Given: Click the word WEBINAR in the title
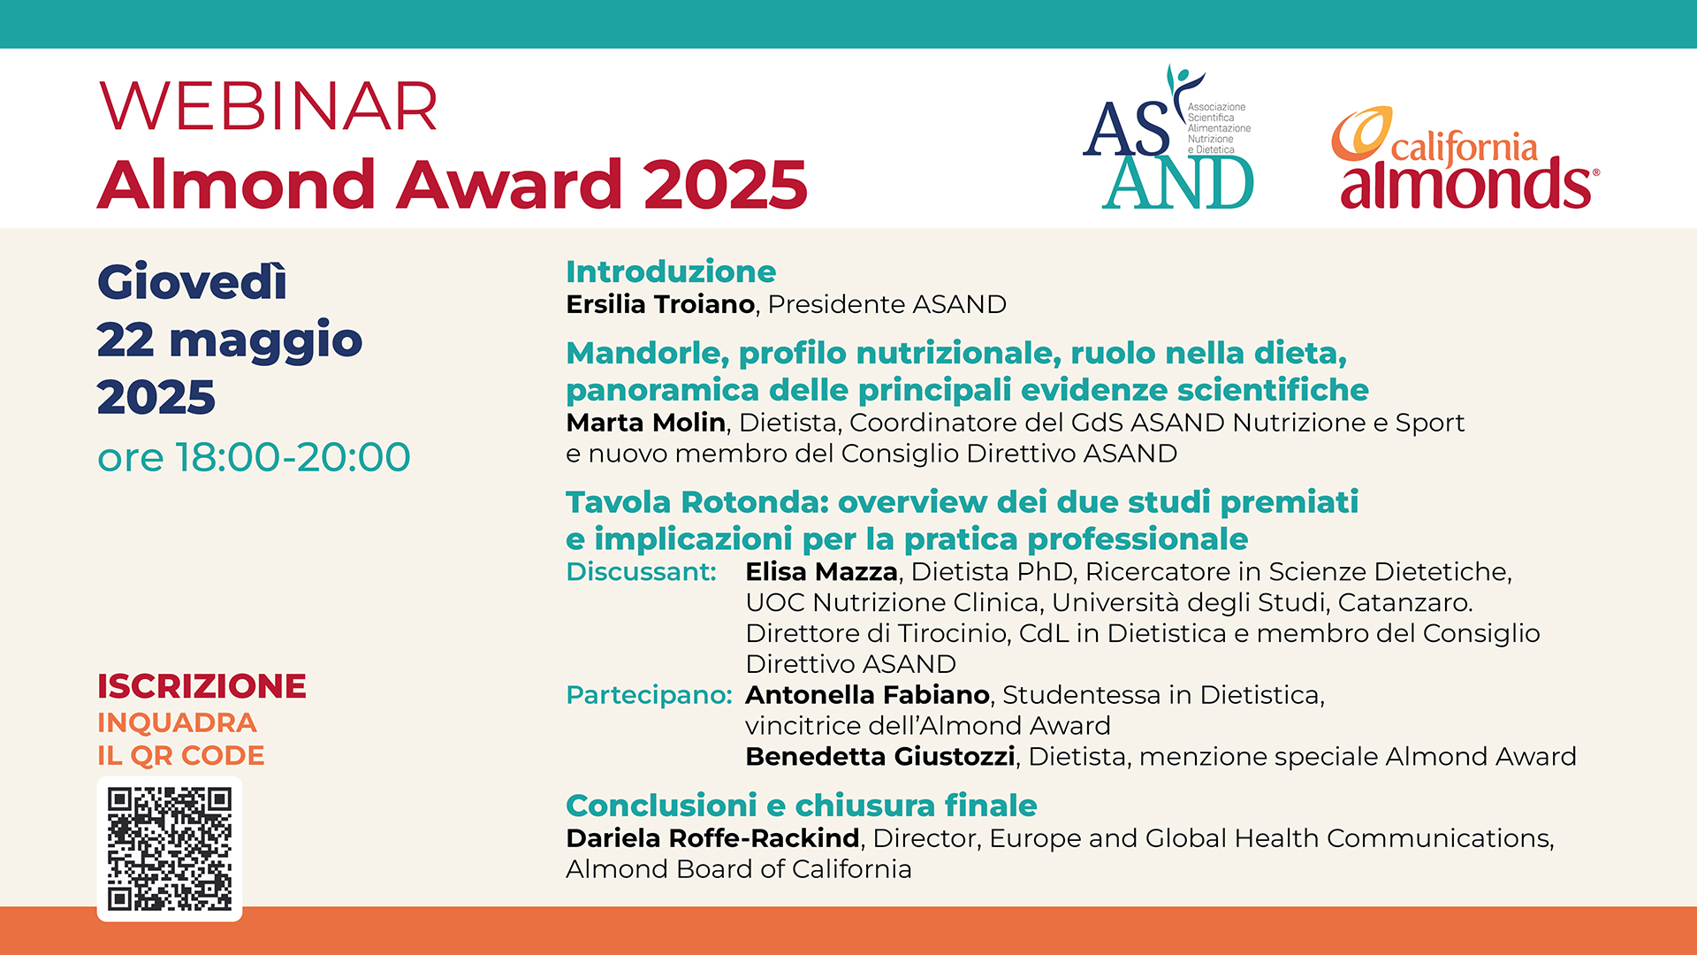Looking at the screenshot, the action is pyautogui.click(x=269, y=107).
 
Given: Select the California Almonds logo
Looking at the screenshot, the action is pyautogui.click(x=1465, y=159).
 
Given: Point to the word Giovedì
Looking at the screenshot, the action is pyautogui.click(x=192, y=282).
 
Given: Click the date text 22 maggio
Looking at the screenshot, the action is pyautogui.click(x=230, y=341).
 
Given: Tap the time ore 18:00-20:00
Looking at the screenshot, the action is pyautogui.click(x=254, y=457).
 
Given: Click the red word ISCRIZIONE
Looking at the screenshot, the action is pyautogui.click(x=202, y=686).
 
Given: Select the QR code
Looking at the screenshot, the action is pyautogui.click(x=170, y=849).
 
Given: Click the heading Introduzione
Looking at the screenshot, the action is pyautogui.click(x=671, y=271).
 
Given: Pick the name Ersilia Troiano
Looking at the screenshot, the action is pyautogui.click(x=660, y=304).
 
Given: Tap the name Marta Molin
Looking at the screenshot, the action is pyautogui.click(x=646, y=423).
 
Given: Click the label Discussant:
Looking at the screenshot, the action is pyautogui.click(x=641, y=572).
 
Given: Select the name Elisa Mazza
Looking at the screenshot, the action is pyautogui.click(x=822, y=572).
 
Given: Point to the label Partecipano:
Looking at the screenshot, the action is pyautogui.click(x=649, y=695).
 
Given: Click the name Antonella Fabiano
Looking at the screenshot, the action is pyautogui.click(x=867, y=695).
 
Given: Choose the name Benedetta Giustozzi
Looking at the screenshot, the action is pyautogui.click(x=880, y=757).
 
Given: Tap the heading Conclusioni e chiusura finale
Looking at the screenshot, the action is pyautogui.click(x=801, y=806).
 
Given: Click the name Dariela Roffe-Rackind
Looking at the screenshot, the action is pyautogui.click(x=712, y=838).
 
